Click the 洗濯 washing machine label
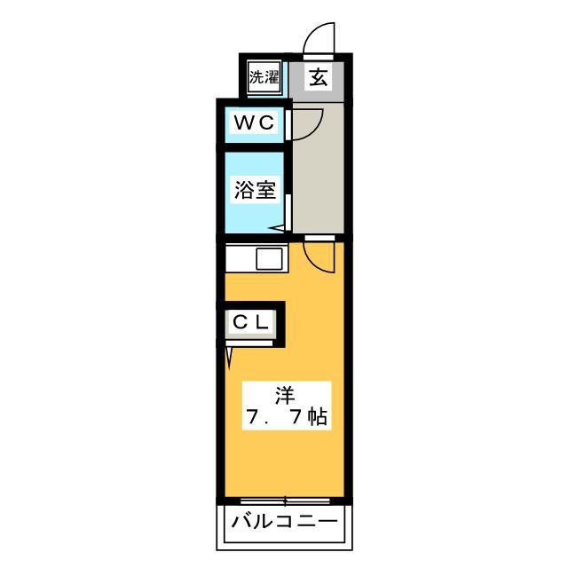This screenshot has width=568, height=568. point(264,77)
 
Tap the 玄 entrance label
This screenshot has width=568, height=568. point(319,77)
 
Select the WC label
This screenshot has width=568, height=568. point(255,122)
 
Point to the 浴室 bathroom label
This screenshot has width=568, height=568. point(255,189)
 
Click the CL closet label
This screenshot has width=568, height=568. point(250,322)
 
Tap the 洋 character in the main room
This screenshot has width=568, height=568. point(285,396)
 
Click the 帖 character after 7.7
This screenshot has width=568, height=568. point(318,417)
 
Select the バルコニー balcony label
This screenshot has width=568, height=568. point(284,522)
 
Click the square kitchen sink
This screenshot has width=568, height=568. point(270,258)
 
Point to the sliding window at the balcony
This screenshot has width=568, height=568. point(285,501)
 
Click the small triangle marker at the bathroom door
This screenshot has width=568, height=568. point(277,229)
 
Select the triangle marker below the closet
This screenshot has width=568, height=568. point(229,355)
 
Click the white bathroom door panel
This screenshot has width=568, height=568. point(288,213)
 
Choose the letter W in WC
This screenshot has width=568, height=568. point(244,122)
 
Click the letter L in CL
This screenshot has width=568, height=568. point(262,322)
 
